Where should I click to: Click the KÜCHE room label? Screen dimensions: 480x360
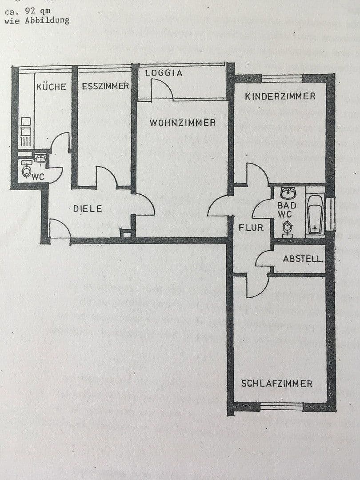pyautogui.click(x=51, y=87)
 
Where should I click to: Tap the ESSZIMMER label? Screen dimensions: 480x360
pyautogui.click(x=105, y=86)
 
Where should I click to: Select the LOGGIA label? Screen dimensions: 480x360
pyautogui.click(x=164, y=73)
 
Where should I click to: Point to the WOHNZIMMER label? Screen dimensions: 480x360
pyautogui.click(x=183, y=123)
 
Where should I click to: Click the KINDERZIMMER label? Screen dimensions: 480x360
pyautogui.click(x=280, y=96)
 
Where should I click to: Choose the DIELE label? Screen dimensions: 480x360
pyautogui.click(x=88, y=208)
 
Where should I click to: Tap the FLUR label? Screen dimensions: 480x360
pyautogui.click(x=251, y=228)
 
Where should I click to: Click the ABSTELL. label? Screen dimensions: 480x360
pyautogui.click(x=303, y=259)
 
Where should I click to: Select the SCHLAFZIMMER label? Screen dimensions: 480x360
pyautogui.click(x=276, y=384)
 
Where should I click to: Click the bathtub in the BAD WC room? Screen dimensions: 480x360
pyautogui.click(x=315, y=215)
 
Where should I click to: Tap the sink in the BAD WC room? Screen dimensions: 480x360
pyautogui.click(x=288, y=193)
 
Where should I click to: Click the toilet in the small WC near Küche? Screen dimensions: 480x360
pyautogui.click(x=26, y=171)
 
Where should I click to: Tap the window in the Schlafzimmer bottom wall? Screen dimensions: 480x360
pyautogui.click(x=281, y=406)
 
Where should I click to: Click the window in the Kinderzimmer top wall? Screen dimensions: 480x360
pyautogui.click(x=282, y=78)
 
